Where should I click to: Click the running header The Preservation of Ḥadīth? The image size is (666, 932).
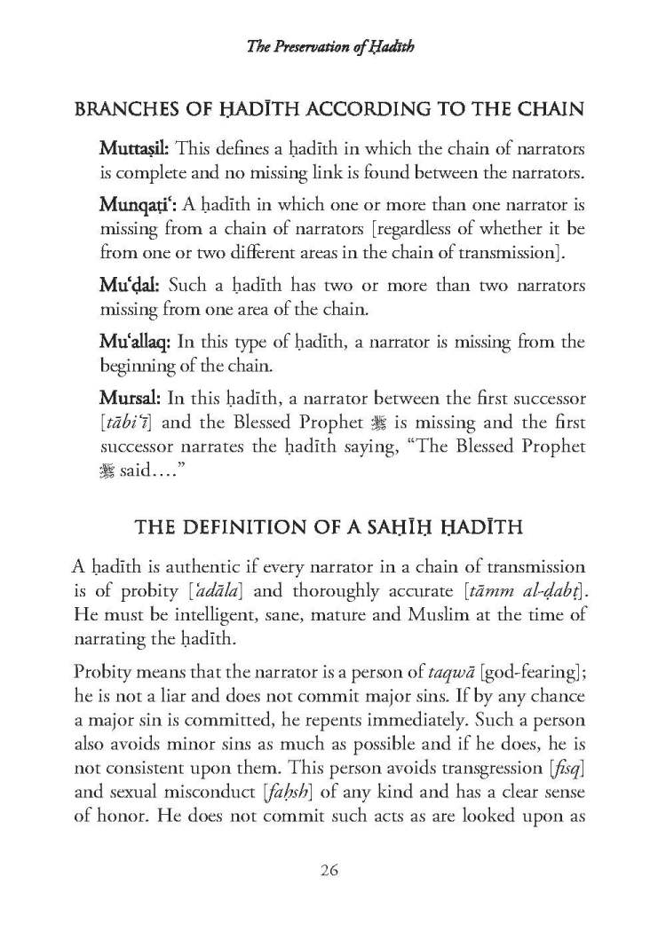tap(331, 47)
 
